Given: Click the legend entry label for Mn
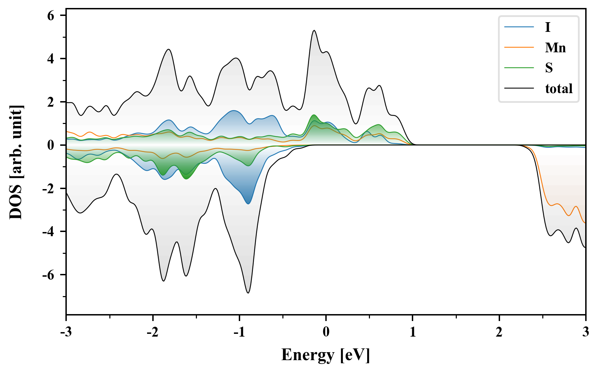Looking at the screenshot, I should [x=555, y=47].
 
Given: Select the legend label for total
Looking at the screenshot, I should [x=559, y=89].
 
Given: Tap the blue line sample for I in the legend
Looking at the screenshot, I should [x=519, y=27].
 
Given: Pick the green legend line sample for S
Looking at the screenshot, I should [x=519, y=68].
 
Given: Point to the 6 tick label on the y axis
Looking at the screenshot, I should [x=51, y=16].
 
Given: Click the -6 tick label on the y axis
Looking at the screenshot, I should [x=48, y=275].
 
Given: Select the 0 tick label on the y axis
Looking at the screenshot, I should [x=51, y=145].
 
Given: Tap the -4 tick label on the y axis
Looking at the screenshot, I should [x=48, y=232].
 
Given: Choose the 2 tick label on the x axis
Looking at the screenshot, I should [x=499, y=332].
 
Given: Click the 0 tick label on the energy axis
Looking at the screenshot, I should [x=326, y=332].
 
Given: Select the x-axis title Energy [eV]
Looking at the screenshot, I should [x=326, y=355].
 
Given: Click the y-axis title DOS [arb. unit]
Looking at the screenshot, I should [x=16, y=162].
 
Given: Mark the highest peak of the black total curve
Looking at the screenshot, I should [x=314, y=30].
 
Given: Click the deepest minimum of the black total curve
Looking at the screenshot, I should [x=248, y=293].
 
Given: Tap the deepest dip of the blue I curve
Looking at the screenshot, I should [x=248, y=204].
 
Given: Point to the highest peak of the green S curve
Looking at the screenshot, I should [x=314, y=115].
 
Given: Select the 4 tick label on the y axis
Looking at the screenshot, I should [x=51, y=59].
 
